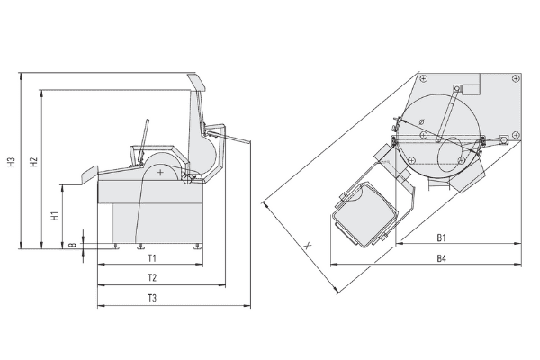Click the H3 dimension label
11,163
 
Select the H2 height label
33,163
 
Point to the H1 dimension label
54,216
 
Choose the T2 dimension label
151,277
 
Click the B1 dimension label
442,238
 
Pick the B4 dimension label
442,258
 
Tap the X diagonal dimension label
308,244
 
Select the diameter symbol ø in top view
421,123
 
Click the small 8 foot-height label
72,242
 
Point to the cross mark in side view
160,170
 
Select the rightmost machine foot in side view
198,245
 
